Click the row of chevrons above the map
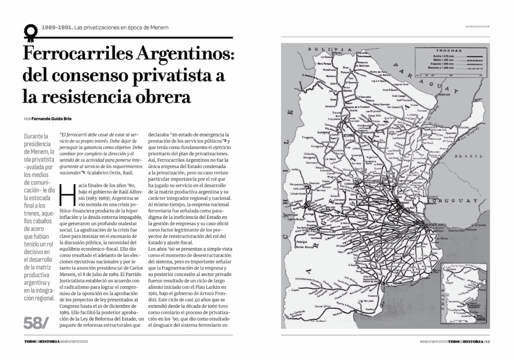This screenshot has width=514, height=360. (x=477, y=26)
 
